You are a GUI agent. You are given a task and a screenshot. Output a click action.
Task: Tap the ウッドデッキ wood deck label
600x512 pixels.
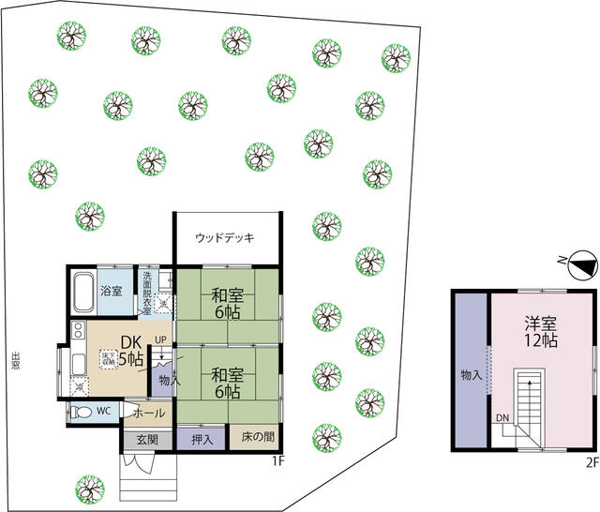click(x=225, y=238)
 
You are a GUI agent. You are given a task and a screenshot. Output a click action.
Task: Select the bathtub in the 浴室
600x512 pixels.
click(x=82, y=292)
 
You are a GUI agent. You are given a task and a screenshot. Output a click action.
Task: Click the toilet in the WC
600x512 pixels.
click(x=82, y=412)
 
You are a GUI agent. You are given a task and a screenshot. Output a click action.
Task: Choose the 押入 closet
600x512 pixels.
click(x=202, y=439)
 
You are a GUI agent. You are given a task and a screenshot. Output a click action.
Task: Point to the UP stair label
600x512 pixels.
click(x=161, y=339)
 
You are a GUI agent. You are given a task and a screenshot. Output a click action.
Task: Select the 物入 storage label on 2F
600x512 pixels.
click(x=471, y=374)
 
